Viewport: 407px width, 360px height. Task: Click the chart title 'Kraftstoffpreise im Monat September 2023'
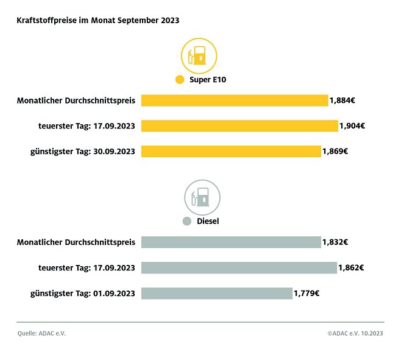click(97, 20)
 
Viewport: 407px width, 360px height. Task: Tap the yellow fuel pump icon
click(199, 56)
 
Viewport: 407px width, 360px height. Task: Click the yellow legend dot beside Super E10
click(179, 80)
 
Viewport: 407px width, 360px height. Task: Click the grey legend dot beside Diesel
click(187, 221)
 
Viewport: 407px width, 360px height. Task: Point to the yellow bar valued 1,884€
click(235, 101)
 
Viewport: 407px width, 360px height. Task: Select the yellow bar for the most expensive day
click(239, 126)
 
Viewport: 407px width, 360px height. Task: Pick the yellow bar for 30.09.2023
click(231, 151)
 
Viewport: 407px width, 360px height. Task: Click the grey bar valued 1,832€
click(231, 242)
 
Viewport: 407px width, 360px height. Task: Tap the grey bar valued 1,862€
click(239, 268)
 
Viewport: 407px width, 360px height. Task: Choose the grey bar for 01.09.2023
click(216, 294)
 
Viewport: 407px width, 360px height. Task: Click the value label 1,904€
click(352, 126)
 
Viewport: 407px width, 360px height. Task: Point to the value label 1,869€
click(334, 151)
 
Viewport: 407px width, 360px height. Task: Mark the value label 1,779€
click(306, 294)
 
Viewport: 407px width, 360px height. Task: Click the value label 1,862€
click(351, 268)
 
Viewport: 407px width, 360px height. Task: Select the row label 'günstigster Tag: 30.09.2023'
click(83, 151)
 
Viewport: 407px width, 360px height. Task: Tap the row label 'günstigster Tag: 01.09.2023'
click(83, 294)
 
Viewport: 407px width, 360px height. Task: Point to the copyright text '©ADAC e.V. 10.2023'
click(355, 333)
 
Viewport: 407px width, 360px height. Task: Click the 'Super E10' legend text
click(208, 80)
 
